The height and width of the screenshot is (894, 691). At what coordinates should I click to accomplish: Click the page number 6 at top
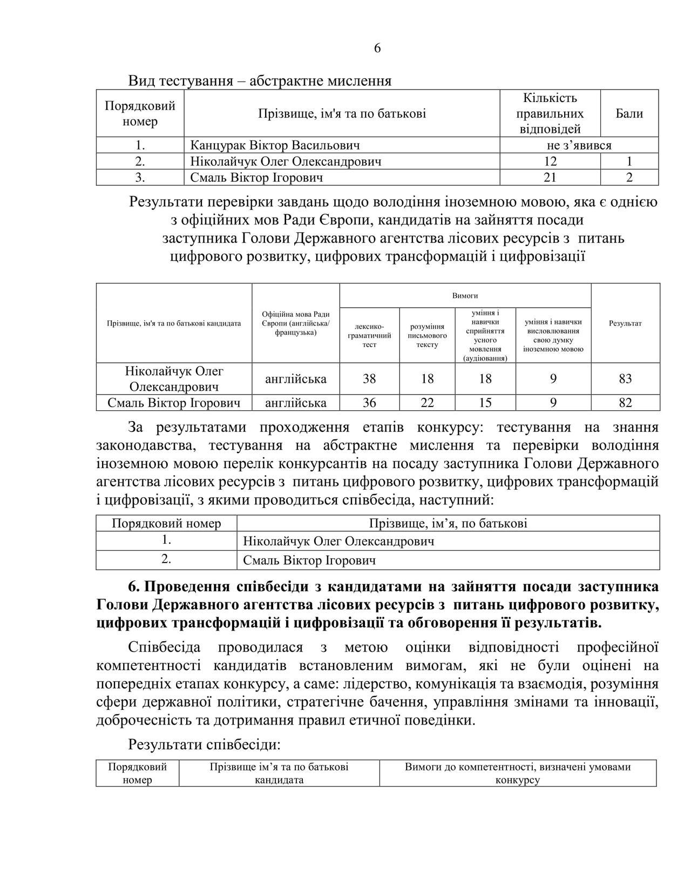[x=377, y=48]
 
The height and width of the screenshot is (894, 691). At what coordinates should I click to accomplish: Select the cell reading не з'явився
[x=579, y=145]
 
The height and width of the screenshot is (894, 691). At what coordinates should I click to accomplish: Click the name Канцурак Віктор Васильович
[x=275, y=145]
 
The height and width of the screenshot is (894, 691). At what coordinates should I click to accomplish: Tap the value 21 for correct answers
[x=550, y=178]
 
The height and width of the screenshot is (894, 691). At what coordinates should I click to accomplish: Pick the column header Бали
[x=629, y=113]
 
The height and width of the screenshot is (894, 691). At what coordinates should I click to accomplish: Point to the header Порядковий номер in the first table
[x=140, y=113]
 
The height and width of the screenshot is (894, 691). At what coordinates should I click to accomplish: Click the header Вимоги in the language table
[x=465, y=295]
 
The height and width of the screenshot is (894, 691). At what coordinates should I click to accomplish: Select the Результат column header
[x=625, y=323]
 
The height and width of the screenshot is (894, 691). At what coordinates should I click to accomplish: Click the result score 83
[x=625, y=378]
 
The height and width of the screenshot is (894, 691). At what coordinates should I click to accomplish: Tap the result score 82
[x=625, y=403]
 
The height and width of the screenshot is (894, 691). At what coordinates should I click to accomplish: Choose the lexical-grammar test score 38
[x=369, y=378]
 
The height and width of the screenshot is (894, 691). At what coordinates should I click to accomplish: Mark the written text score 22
[x=427, y=403]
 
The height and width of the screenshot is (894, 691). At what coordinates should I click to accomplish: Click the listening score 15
[x=485, y=403]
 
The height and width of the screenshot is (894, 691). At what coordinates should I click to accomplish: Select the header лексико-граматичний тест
[x=369, y=335]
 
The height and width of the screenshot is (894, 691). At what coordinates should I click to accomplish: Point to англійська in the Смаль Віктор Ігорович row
[x=296, y=403]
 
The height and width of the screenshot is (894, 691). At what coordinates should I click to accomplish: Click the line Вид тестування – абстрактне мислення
[x=260, y=81]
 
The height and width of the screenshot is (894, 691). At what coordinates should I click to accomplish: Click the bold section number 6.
[x=133, y=586]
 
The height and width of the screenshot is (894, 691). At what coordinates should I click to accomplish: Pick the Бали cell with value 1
[x=629, y=161]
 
